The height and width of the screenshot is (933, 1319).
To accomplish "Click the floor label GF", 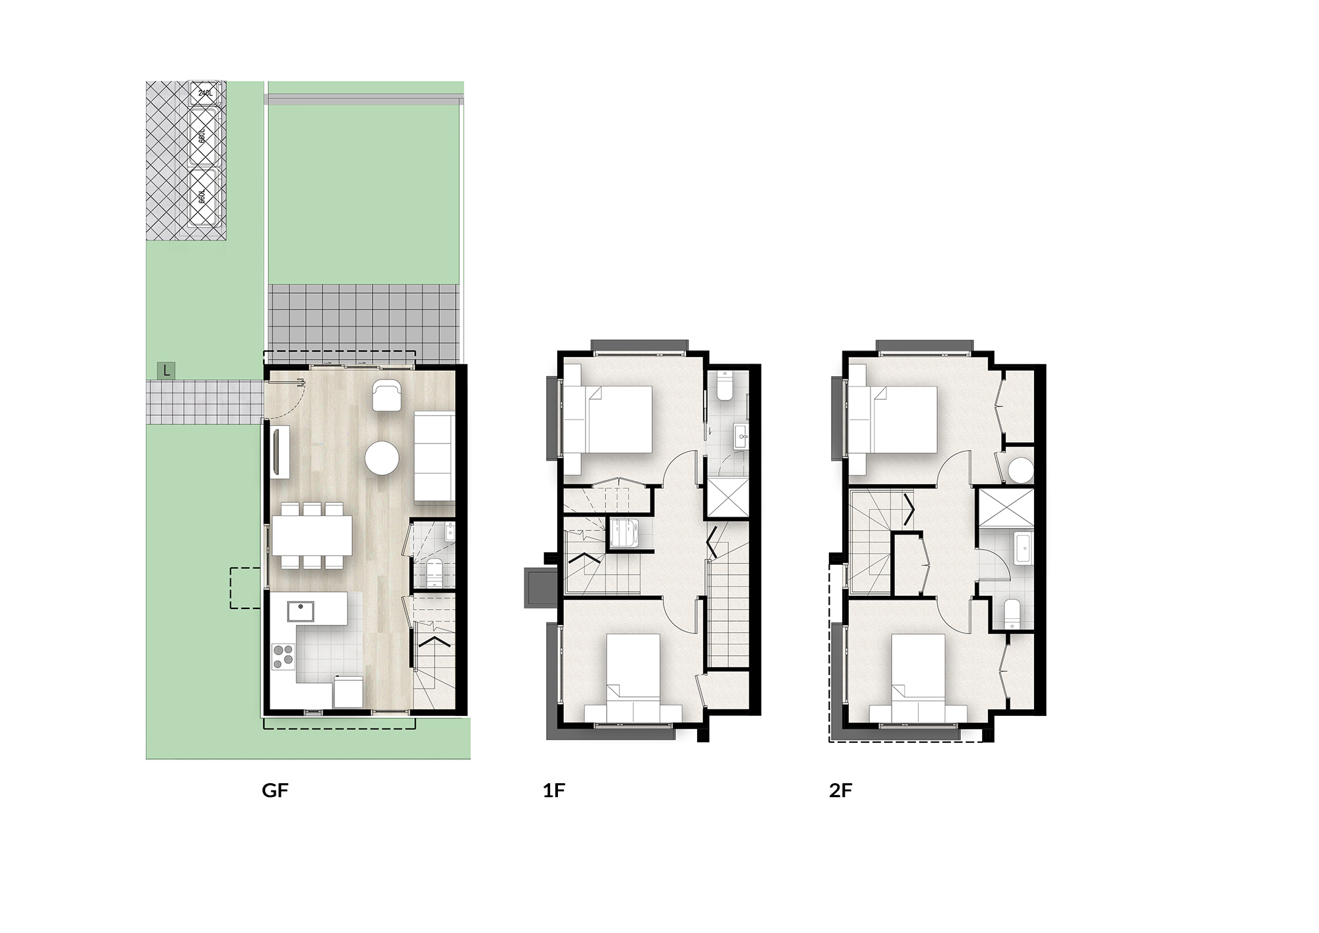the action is (275, 790).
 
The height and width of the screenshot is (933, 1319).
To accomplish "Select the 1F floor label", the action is (554, 790).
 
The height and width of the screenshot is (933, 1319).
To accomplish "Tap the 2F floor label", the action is (841, 790).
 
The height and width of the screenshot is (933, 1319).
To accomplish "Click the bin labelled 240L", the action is (206, 93).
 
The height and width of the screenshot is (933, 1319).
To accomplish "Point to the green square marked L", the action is (166, 371).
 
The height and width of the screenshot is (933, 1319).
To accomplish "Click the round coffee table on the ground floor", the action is (383, 457).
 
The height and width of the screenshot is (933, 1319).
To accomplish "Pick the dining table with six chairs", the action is (312, 535).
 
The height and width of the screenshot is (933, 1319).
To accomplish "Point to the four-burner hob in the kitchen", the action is (284, 657).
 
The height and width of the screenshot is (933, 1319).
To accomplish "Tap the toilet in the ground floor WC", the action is (435, 573).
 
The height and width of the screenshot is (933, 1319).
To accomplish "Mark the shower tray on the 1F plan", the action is (728, 498).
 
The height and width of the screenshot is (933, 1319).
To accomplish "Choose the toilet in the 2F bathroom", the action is (1012, 614).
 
